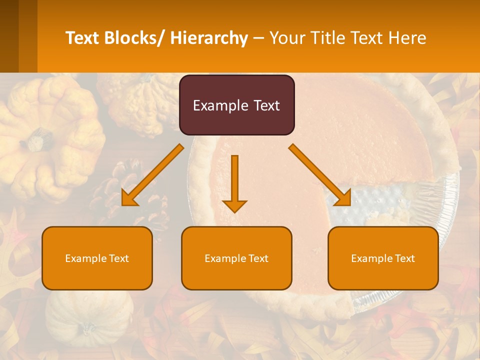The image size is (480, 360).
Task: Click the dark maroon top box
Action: click(236, 105)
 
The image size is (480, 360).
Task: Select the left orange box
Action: click(97, 258)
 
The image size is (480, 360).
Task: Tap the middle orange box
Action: click(236, 258)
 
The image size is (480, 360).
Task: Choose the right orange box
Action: click(383, 258)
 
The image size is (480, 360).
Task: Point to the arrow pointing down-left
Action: click(152, 175)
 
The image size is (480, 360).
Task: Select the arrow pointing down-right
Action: click(320, 175)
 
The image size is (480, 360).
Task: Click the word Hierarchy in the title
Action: click(208, 38)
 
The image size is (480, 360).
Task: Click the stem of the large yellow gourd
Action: click(37, 140)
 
